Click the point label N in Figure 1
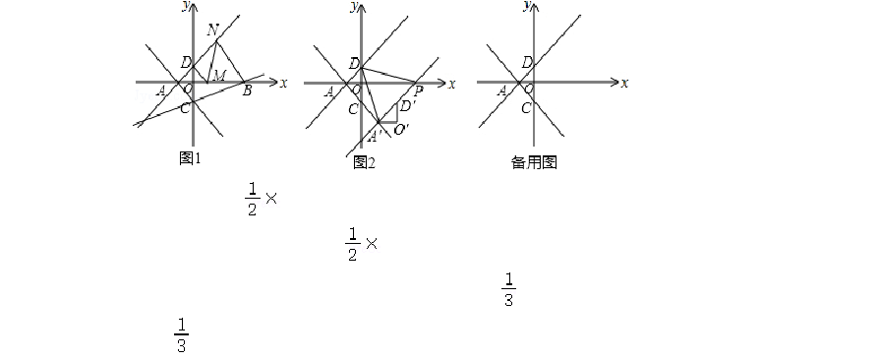212,30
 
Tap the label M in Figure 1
219,75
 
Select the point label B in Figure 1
247,91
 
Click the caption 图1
190,158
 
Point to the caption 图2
364,162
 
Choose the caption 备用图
534,162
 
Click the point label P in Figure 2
418,92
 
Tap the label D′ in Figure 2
408,105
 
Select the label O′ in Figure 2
401,130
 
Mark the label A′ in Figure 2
375,136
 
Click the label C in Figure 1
185,108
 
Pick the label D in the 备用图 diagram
527,62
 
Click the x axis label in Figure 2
452,84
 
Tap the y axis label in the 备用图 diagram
527,5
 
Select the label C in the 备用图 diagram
526,108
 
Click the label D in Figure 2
354,64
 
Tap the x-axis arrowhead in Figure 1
273,83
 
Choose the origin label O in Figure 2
357,90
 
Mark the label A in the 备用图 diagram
501,90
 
